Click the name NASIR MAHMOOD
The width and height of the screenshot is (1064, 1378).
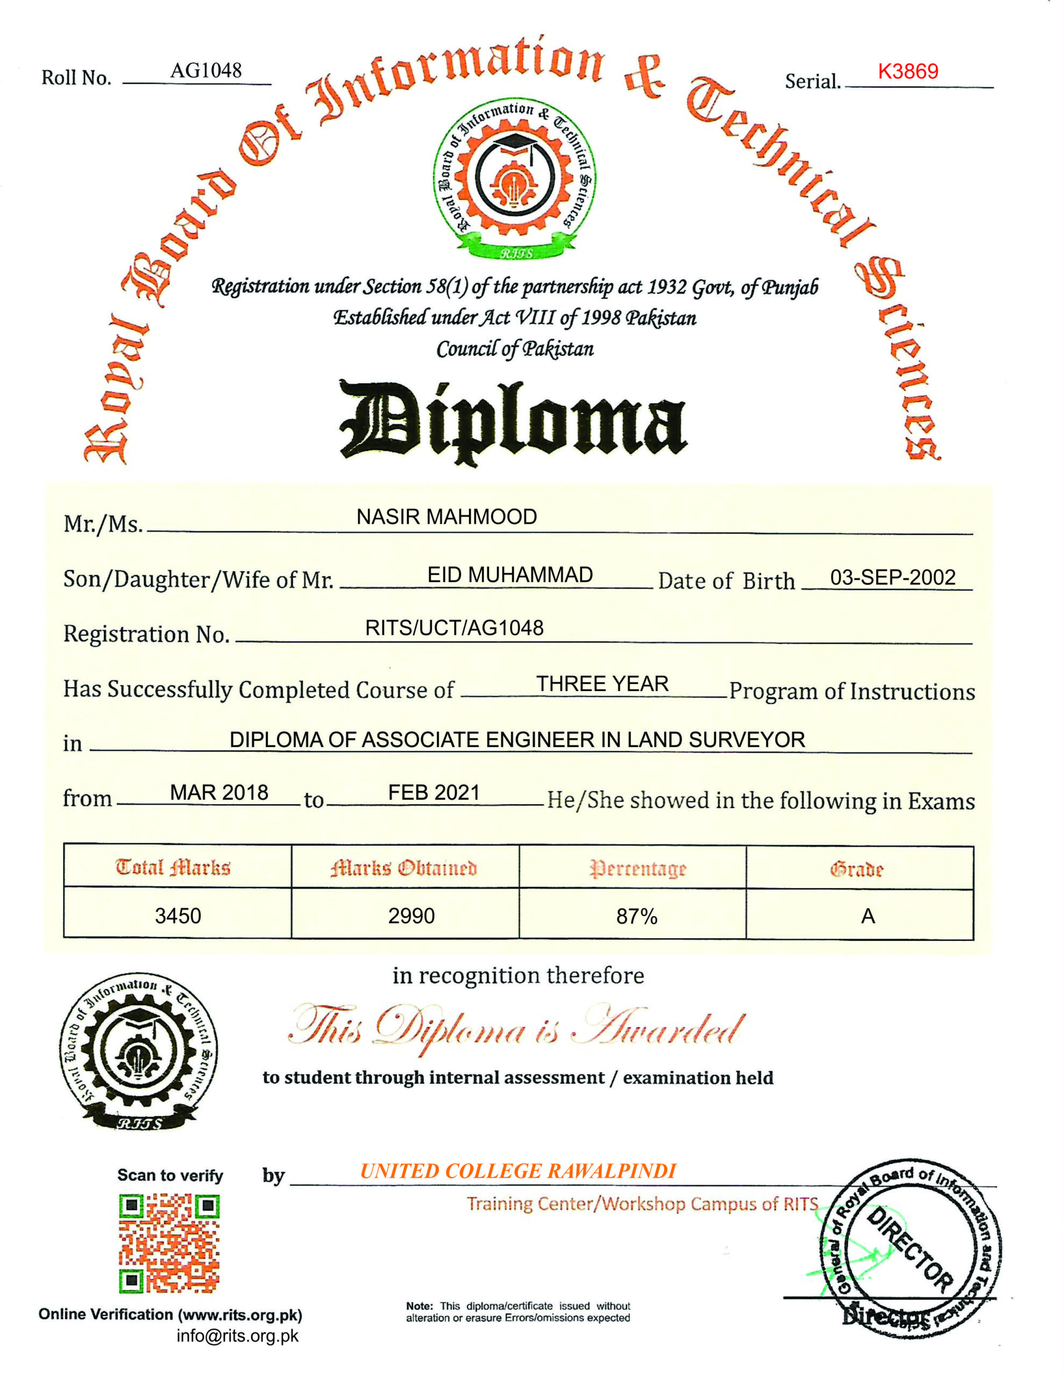coord(446,517)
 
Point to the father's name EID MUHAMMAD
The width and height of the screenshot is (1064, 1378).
coord(509,575)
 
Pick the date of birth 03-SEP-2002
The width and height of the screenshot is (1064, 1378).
coord(892,578)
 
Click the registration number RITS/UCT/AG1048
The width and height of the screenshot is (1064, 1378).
coord(454,628)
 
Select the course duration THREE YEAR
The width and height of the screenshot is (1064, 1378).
coord(602,684)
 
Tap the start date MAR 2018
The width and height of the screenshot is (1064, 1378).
coord(219,792)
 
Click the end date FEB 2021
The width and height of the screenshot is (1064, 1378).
coord(434,792)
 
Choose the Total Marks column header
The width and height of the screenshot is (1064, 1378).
coord(173,868)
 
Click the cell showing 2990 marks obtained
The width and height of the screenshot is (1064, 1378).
coord(411,916)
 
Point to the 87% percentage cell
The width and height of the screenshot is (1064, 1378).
coord(636,916)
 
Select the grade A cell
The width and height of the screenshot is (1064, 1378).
coord(868,916)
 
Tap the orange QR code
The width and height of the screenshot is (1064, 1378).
coord(169,1243)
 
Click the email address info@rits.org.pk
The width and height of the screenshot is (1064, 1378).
coord(237,1335)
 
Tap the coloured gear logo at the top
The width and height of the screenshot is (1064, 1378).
coord(514,179)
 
